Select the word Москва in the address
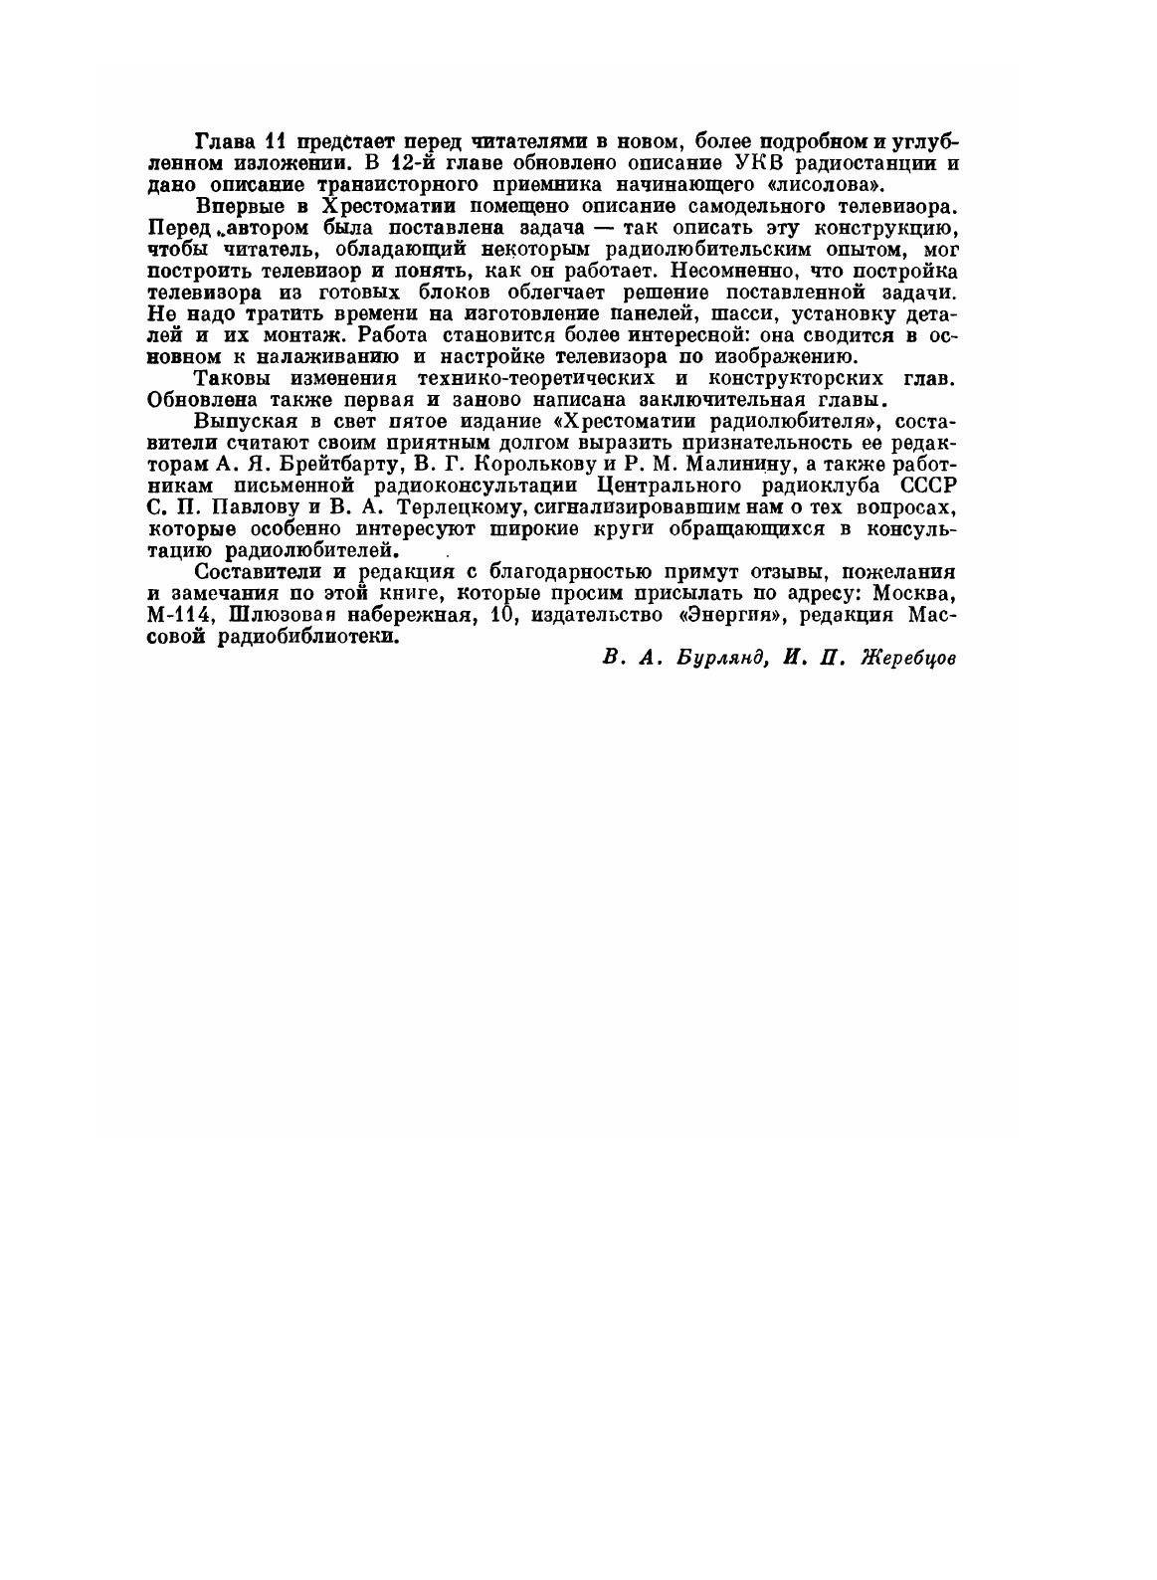pyautogui.click(x=915, y=594)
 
